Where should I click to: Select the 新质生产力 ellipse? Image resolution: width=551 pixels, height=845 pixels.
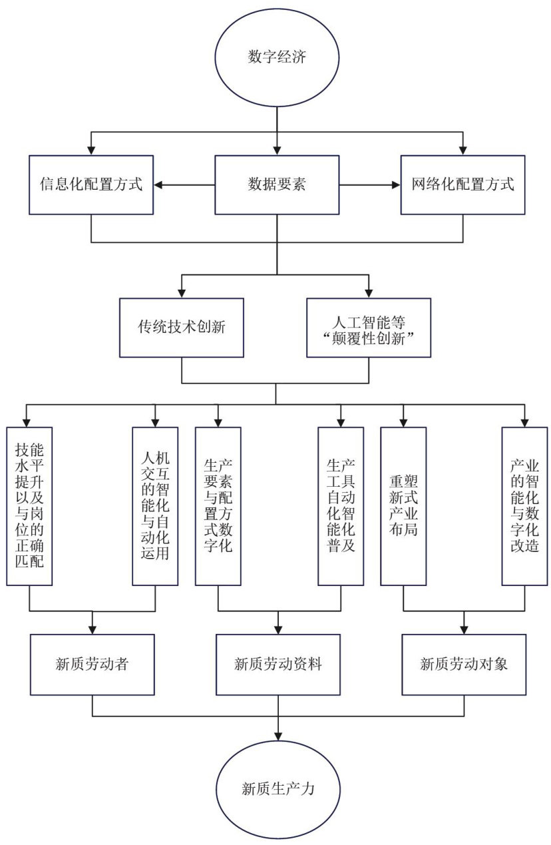(x=277, y=789)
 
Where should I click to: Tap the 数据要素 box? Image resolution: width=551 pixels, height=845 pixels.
(x=277, y=185)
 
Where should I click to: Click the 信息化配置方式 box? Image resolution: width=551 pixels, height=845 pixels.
(x=91, y=185)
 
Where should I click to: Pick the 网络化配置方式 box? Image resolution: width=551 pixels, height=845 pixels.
(x=463, y=185)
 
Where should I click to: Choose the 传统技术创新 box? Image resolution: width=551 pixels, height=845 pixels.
(x=182, y=328)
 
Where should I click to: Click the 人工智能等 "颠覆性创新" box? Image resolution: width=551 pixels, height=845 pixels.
(x=369, y=328)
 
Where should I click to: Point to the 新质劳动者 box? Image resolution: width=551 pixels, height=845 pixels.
(x=92, y=664)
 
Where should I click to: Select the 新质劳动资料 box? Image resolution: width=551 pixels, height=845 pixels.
(x=277, y=664)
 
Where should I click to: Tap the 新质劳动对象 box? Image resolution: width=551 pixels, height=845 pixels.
(x=464, y=664)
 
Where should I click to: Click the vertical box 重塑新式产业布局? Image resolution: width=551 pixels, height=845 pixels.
(x=403, y=506)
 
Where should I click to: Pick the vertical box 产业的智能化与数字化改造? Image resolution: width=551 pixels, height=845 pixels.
(x=524, y=506)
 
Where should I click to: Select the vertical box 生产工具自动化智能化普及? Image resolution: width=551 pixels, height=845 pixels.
(x=341, y=506)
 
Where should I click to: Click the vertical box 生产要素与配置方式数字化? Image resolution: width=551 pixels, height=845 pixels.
(x=218, y=506)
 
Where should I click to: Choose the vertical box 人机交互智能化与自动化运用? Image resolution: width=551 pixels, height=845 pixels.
(x=155, y=506)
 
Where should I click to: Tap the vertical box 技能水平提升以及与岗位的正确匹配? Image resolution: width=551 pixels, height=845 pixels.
(x=30, y=506)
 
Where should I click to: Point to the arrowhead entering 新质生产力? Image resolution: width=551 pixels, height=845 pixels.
(x=277, y=734)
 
